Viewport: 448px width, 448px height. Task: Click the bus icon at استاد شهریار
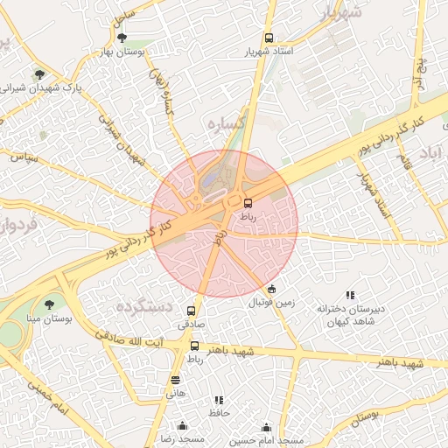point(269,38)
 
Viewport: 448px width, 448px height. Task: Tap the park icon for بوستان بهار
point(122,38)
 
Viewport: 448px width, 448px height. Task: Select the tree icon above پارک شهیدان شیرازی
point(38,73)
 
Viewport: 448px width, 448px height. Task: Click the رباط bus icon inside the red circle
point(248,202)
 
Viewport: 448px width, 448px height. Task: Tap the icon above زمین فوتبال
point(271,290)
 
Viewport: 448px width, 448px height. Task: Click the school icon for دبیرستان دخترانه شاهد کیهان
point(350,295)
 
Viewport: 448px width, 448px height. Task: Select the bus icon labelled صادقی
point(191,311)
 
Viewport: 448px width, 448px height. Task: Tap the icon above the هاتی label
point(176,380)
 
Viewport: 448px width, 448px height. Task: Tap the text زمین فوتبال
point(271,303)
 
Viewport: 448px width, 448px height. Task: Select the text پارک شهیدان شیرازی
point(45,87)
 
